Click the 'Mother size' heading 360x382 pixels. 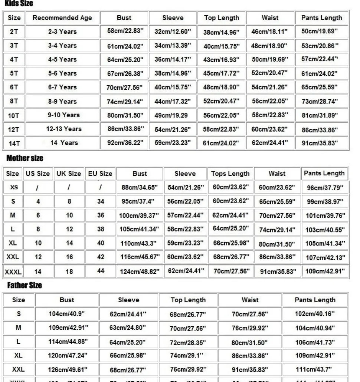click(x=25, y=158)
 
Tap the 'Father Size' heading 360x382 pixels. click(x=24, y=285)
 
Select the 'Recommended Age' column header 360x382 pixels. click(x=62, y=18)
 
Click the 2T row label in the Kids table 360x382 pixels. click(x=14, y=32)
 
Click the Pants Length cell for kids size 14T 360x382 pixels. click(x=320, y=143)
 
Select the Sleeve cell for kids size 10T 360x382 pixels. click(x=172, y=115)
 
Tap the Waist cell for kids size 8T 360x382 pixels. click(x=269, y=101)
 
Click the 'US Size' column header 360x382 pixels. click(x=37, y=174)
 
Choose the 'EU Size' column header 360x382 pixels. click(x=100, y=174)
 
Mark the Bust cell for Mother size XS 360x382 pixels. click(x=140, y=187)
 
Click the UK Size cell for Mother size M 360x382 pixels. click(x=69, y=215)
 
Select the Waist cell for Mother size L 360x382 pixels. click(x=277, y=230)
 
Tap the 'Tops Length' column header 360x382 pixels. click(x=230, y=174)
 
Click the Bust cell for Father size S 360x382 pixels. click(x=66, y=314)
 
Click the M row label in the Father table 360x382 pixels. click(x=19, y=327)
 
